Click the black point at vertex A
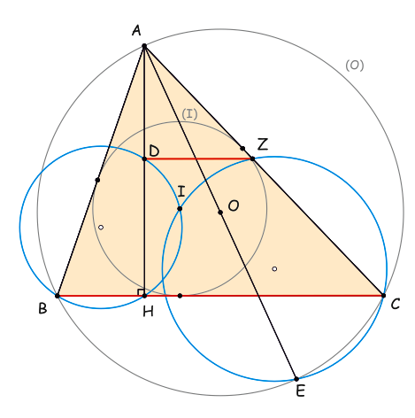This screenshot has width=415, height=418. point(144,46)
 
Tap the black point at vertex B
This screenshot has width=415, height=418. point(58,296)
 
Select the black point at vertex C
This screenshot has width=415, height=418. point(383,295)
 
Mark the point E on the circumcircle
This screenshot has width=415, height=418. point(296,379)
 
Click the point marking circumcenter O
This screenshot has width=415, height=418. point(220,213)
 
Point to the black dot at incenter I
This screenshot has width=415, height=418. point(180,209)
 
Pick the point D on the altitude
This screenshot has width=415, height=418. point(144,159)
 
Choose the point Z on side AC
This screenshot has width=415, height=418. point(252,159)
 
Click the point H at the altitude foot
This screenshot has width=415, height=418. point(144,296)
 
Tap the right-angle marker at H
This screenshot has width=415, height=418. point(141,291)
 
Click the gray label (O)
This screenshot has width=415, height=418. point(355,65)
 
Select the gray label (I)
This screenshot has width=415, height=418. point(189,114)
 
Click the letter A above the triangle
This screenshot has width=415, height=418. point(136,30)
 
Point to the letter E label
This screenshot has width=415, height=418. point(300,391)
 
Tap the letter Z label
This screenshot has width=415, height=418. point(263,144)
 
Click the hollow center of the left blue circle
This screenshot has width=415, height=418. point(101,228)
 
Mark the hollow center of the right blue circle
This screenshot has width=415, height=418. point(274,268)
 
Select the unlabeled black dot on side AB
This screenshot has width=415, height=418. point(97,180)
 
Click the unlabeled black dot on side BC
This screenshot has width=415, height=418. point(180,296)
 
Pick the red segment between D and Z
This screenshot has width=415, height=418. point(198,159)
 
